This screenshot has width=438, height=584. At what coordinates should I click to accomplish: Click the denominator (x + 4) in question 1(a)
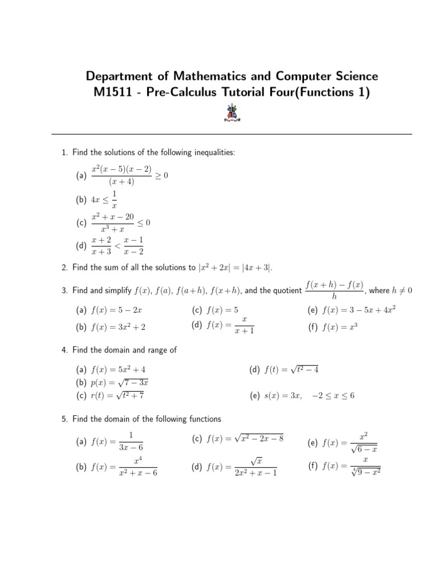pyautogui.click(x=121, y=182)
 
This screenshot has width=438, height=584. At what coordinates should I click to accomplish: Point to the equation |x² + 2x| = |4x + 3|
pyautogui.click(x=240, y=267)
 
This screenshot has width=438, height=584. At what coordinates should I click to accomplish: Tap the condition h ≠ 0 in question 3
pyautogui.click(x=402, y=290)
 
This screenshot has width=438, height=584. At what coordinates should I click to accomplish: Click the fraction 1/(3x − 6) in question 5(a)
pyautogui.click(x=131, y=442)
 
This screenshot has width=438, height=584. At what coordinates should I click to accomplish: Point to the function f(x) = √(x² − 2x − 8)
pyautogui.click(x=245, y=439)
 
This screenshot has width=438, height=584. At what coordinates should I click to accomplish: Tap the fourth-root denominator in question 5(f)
pyautogui.click(x=366, y=472)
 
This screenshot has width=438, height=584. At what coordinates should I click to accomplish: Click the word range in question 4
pyautogui.click(x=158, y=350)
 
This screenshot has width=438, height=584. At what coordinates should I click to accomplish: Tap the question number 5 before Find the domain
pyautogui.click(x=64, y=419)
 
